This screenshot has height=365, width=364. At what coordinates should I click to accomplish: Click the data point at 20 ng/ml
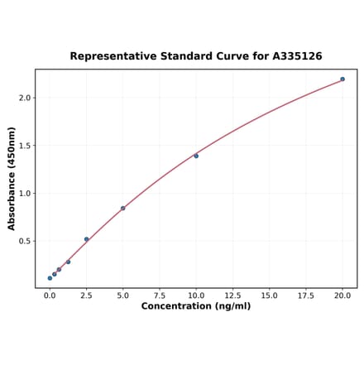(342, 79)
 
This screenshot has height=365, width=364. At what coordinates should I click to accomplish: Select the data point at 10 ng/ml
(196, 156)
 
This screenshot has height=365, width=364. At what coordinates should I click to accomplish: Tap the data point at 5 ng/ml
(123, 208)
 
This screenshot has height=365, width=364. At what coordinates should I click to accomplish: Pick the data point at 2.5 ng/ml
(86, 239)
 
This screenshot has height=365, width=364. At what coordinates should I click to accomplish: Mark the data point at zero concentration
(50, 278)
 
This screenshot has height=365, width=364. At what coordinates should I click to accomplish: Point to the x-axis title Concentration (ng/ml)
(196, 306)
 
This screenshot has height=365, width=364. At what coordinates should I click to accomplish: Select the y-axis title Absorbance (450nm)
(12, 179)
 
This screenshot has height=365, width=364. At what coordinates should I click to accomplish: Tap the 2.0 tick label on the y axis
(25, 98)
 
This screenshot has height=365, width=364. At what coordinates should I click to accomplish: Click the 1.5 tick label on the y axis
(25, 146)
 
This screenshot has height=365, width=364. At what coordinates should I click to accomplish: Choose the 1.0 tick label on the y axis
(25, 194)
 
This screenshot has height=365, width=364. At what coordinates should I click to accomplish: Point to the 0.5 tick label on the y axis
(25, 242)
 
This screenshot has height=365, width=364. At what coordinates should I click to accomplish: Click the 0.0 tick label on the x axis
(50, 295)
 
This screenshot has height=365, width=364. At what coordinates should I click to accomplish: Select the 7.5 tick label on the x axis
(160, 295)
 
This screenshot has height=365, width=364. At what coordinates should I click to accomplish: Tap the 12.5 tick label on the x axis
(232, 295)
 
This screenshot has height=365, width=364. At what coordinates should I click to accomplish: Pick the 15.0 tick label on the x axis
(270, 295)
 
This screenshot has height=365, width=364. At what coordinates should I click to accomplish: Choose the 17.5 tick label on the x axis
(306, 295)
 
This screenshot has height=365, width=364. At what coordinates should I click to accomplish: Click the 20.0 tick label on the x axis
(342, 295)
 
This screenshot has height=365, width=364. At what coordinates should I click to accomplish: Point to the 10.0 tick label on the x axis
(196, 295)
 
